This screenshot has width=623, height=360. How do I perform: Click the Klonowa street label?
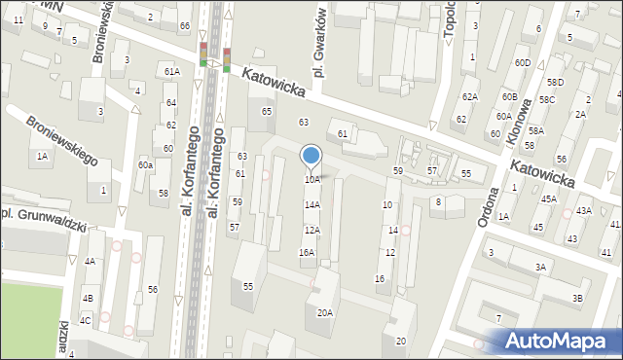519,119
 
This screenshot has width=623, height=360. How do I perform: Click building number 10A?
311,180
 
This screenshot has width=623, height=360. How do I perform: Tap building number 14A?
311,205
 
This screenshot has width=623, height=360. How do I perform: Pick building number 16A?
307,253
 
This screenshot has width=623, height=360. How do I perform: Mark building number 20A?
325,313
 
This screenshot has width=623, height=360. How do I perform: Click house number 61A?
172,72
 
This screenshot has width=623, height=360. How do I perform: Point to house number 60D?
524,63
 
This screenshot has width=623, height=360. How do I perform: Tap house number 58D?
556,83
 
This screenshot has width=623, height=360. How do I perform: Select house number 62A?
470,97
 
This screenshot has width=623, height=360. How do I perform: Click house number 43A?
583,211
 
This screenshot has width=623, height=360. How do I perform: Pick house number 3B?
578,298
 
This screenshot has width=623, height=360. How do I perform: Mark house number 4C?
86,321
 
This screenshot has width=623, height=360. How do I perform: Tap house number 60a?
145,165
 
